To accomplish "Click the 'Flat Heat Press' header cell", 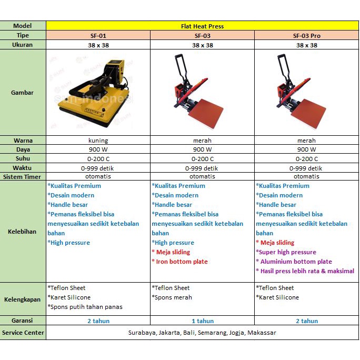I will [203, 26].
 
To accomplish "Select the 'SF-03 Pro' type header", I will [306, 36].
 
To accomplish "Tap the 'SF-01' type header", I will [98, 36].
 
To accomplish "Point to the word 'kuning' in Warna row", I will [98, 141].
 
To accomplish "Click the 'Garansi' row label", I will [23, 320].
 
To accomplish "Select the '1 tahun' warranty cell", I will [203, 321].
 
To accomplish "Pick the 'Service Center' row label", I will [23, 333].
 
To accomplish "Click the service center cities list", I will [203, 333].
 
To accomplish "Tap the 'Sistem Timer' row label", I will [23, 177].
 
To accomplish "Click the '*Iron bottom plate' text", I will [180, 262].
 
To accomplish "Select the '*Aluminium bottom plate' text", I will [294, 262].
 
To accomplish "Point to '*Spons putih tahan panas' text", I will [85, 307].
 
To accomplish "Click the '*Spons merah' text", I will [172, 297].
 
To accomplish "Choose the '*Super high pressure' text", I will [286, 252].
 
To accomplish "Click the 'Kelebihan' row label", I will [23, 232].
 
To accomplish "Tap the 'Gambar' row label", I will [23, 93].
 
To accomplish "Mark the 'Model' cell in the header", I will [23, 26].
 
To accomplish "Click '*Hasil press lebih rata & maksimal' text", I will [305, 271].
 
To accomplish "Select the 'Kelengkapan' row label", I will [23, 299].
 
